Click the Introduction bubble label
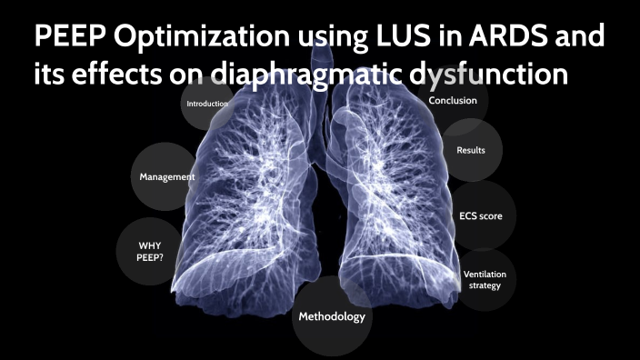point(207,104)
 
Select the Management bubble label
point(167,176)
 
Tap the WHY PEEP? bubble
point(150,252)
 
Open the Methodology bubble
point(332,317)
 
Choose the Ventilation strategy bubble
point(485,279)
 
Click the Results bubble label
point(470,151)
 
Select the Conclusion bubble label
point(452,101)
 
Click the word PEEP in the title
point(75,37)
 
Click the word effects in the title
point(115,76)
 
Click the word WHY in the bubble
point(150,245)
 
